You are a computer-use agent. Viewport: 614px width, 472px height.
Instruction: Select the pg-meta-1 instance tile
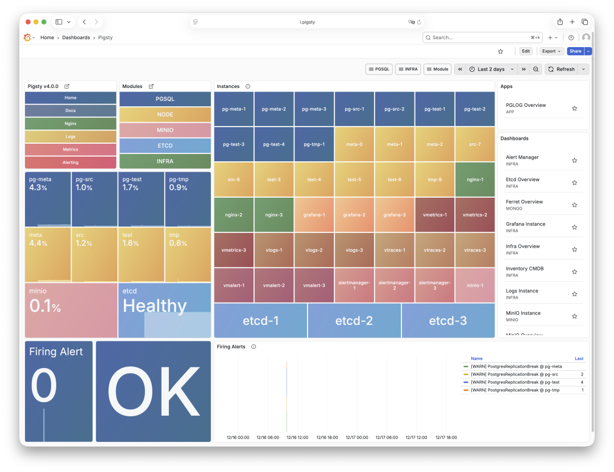coord(234,108)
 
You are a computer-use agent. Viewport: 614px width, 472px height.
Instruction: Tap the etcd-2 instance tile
coord(354,320)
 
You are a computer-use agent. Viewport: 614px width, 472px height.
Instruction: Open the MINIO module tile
coord(165,130)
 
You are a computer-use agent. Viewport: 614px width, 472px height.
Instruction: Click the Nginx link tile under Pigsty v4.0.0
coord(70,123)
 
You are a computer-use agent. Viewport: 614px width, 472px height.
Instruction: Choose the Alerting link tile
coord(70,162)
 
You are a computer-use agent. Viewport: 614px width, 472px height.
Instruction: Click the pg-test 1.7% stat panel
coord(141,199)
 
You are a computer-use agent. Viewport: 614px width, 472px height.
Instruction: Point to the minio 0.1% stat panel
coord(71,310)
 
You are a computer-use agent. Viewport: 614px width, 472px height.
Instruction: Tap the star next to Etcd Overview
coord(574,183)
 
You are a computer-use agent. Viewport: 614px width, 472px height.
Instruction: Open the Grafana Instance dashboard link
coord(525,224)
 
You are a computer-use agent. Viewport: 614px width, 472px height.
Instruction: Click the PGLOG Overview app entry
coord(526,105)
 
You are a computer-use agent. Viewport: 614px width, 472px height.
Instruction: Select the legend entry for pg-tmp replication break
coord(516,390)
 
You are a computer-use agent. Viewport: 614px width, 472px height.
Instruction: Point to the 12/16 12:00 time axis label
coord(298,437)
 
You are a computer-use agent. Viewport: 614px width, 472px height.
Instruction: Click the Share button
coord(575,51)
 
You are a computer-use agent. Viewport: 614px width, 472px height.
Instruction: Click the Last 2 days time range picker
coord(491,69)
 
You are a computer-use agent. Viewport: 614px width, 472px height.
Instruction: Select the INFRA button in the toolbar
coord(408,69)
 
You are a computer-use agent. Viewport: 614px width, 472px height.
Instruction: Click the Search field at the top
coord(480,37)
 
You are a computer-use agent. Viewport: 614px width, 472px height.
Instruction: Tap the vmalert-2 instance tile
coord(274,285)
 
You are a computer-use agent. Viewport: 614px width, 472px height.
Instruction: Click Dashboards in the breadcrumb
coord(76,37)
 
